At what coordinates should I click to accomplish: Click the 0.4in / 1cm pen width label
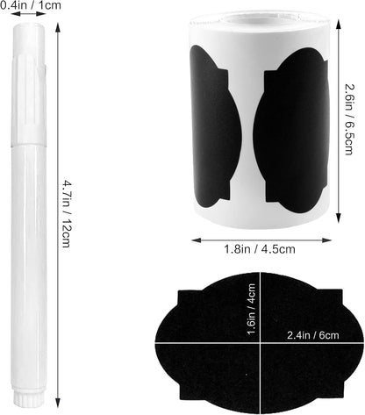point(31,5)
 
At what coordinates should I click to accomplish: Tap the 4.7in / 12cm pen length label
point(67,214)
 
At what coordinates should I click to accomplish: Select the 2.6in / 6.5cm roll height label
point(349,119)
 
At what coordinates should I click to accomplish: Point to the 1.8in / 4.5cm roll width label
point(260,249)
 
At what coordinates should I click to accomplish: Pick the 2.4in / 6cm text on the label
point(312,335)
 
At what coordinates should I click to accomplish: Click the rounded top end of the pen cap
point(29,28)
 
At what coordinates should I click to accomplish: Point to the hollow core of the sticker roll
point(257,19)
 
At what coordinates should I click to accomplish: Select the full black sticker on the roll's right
point(291,131)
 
